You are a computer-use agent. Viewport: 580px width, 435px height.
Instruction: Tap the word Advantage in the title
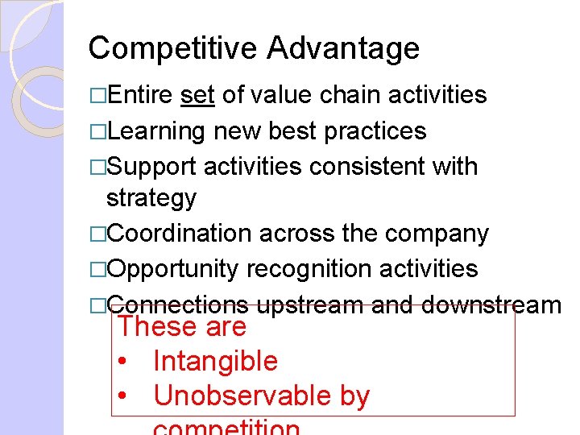(x=343, y=48)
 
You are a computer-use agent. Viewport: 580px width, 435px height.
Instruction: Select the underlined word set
(x=197, y=95)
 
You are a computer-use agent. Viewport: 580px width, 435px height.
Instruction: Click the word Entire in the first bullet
(x=139, y=95)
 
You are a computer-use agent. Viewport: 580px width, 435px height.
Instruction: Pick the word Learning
(x=156, y=130)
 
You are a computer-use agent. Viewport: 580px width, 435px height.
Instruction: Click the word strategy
(x=151, y=198)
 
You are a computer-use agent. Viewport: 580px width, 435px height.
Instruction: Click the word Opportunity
(x=172, y=268)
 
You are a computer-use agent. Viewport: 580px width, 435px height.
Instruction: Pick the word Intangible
(x=215, y=362)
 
